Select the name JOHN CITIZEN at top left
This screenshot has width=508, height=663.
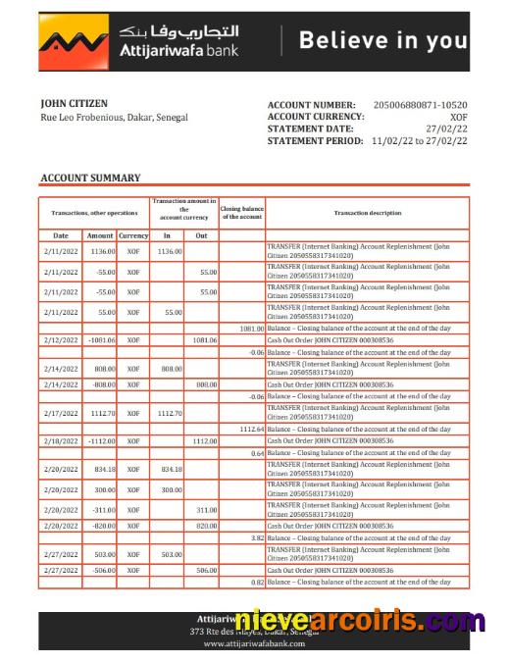tap(75, 103)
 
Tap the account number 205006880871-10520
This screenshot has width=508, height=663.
tap(421, 105)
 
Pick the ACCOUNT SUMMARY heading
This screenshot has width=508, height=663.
tap(90, 178)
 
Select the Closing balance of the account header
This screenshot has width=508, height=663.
tap(241, 213)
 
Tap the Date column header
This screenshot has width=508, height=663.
tap(61, 235)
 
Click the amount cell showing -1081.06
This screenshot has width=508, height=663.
tap(100, 339)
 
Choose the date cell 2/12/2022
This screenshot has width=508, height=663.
tap(61, 339)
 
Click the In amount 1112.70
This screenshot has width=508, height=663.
tap(168, 414)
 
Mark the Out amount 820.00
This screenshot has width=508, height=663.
tap(204, 526)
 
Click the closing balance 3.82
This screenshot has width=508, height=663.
tap(256, 538)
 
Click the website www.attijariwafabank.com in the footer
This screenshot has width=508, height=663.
tap(253, 644)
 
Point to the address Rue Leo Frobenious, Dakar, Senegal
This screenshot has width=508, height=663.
tap(114, 118)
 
